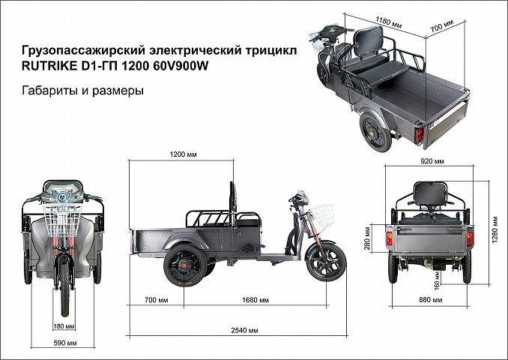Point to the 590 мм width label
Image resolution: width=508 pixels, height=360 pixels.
[x=66, y=343]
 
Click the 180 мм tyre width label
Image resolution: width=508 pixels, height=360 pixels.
[x=64, y=326]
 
